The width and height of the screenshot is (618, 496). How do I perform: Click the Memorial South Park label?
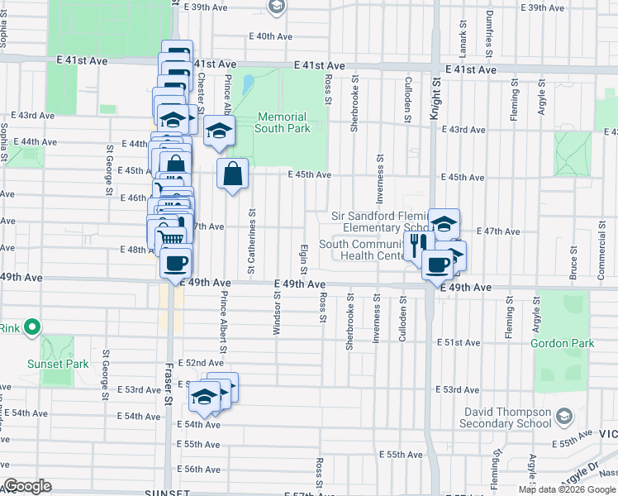[x=281, y=122]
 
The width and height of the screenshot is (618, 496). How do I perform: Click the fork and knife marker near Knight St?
[x=418, y=243]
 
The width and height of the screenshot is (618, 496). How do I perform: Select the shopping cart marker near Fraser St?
[x=170, y=237]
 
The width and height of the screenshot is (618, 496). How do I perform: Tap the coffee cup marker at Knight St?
[x=437, y=265]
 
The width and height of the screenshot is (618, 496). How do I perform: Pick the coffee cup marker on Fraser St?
[x=175, y=263]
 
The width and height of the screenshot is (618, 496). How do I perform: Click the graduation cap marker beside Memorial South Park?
[x=219, y=131]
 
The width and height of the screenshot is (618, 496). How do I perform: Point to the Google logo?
[x=27, y=486]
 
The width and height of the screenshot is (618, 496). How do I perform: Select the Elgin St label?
[x=303, y=259]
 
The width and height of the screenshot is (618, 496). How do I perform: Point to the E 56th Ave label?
[x=202, y=469]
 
